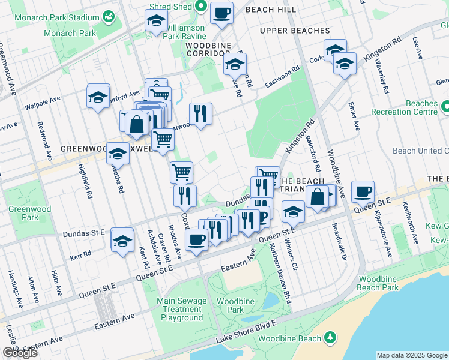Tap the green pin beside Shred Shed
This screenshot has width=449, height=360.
click(x=200, y=7)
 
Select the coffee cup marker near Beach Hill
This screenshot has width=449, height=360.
click(x=221, y=13)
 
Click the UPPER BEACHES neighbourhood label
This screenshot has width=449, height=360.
click(x=295, y=31)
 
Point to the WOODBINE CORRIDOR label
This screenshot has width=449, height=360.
click(x=212, y=45)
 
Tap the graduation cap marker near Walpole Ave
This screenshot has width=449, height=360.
click(x=98, y=97)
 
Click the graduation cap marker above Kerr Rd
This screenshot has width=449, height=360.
click(x=122, y=241)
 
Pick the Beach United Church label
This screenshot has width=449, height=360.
click(x=420, y=151)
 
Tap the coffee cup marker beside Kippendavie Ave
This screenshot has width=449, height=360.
click(x=363, y=192)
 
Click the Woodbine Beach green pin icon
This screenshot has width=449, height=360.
click(x=330, y=338)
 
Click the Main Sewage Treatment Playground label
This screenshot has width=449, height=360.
click(x=182, y=309)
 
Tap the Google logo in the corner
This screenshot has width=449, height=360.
click(x=19, y=353)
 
